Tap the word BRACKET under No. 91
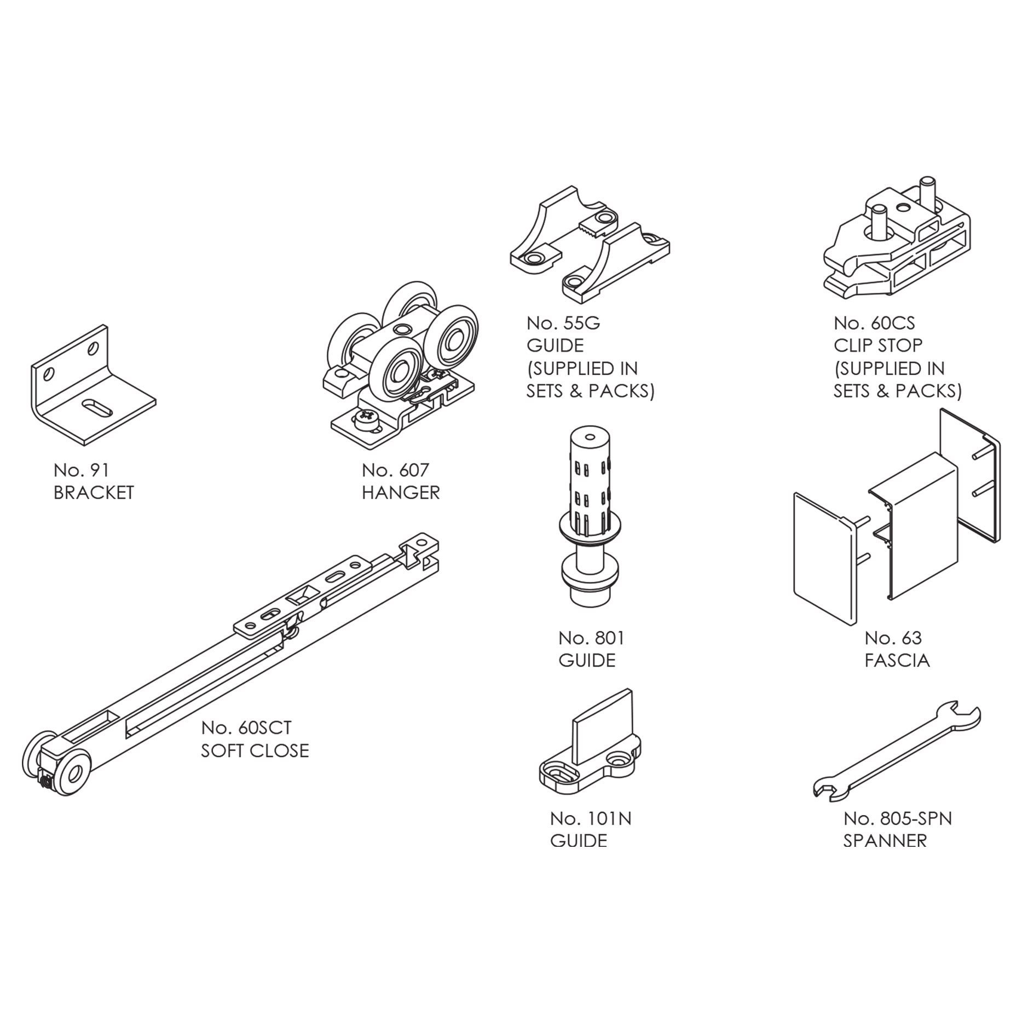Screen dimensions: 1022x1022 (x=94, y=493)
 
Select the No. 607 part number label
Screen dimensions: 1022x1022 (x=395, y=470)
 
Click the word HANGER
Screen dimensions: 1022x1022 (x=401, y=493)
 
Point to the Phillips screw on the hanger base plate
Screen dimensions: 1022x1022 (x=366, y=420)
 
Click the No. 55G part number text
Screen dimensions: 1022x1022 (x=563, y=323)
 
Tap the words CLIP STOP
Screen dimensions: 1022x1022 (x=878, y=346)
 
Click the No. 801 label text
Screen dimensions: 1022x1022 (x=591, y=638)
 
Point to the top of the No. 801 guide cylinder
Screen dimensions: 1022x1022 (x=590, y=437)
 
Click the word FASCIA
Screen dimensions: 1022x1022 (x=897, y=661)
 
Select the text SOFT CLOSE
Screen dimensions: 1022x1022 (x=255, y=750)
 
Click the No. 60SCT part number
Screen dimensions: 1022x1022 (x=246, y=727)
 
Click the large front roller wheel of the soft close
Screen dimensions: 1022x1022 (x=72, y=773)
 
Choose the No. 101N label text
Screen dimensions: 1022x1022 (x=591, y=818)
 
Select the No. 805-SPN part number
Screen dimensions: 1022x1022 (x=898, y=818)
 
